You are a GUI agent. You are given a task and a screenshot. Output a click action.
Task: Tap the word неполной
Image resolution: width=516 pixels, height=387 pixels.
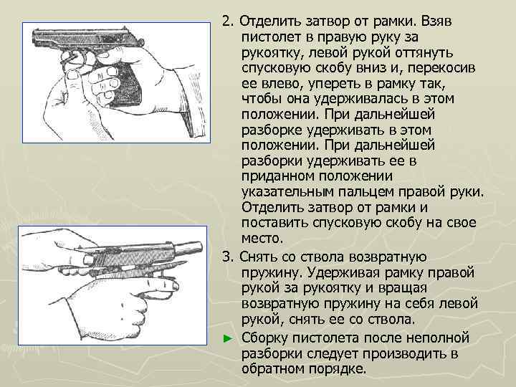point(437,337)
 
